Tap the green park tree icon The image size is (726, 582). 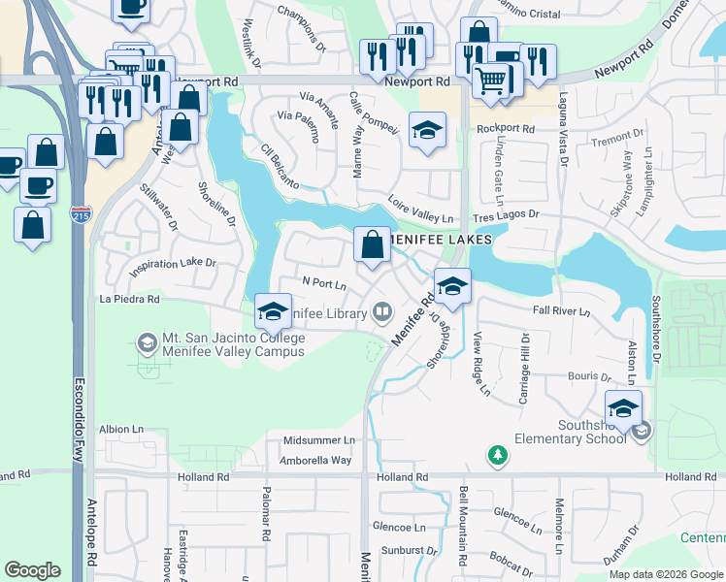click(x=497, y=454)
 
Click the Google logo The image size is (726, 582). click(x=32, y=570)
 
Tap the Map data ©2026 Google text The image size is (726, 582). click(x=666, y=574)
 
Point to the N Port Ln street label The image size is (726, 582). click(x=324, y=284)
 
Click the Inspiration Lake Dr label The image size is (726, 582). click(x=171, y=263)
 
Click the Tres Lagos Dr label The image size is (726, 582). click(x=505, y=214)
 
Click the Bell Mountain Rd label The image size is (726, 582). click(x=463, y=527)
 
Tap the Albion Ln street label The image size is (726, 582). click(x=121, y=428)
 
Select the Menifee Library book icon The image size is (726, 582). click(x=383, y=312)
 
